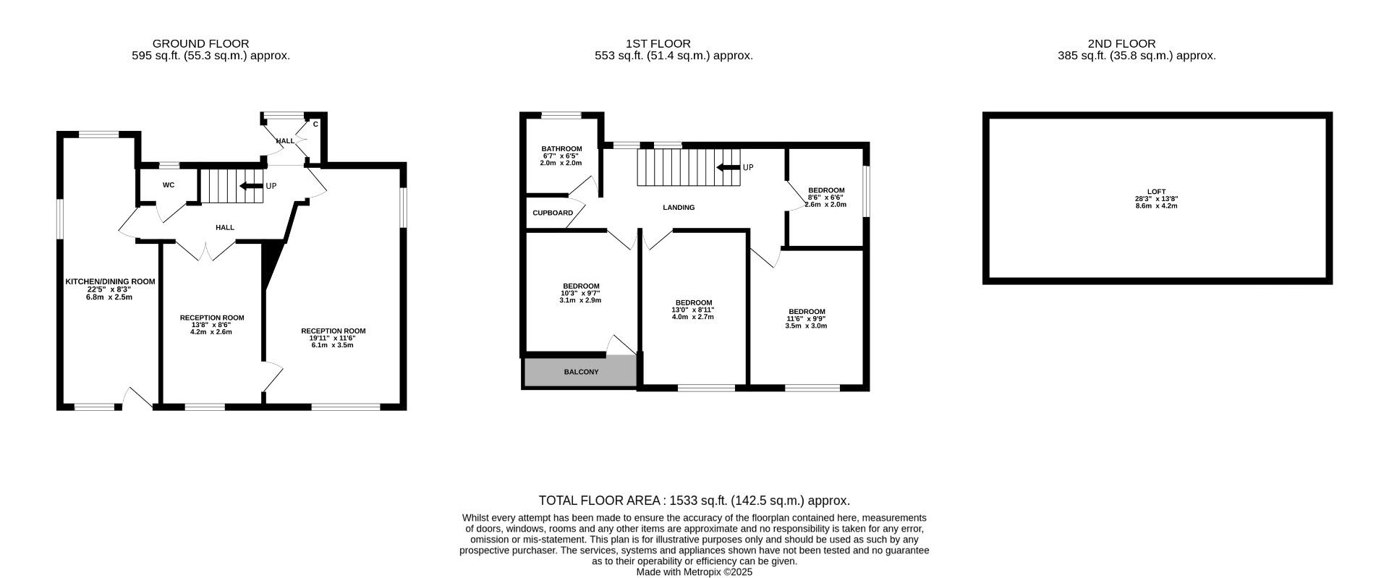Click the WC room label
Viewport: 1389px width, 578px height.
(x=168, y=185)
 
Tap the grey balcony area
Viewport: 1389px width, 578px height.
(x=580, y=372)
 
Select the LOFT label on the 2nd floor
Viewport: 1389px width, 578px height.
(x=1156, y=192)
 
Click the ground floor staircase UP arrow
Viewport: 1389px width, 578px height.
(x=252, y=186)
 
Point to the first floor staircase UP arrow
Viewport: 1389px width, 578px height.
(x=728, y=168)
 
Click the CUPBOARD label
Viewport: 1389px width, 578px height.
(x=553, y=213)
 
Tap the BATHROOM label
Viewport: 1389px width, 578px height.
(x=561, y=149)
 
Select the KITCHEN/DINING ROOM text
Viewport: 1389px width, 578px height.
(x=110, y=281)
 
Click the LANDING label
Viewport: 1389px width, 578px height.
(x=679, y=208)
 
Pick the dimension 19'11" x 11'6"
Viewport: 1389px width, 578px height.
(x=333, y=338)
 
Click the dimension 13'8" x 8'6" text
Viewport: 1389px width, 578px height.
(x=211, y=325)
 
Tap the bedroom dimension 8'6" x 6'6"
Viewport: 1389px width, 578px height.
(x=825, y=197)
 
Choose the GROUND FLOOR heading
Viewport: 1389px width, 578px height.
(x=200, y=43)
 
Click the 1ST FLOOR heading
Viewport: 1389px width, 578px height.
(x=658, y=43)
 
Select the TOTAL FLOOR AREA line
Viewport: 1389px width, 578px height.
(x=694, y=501)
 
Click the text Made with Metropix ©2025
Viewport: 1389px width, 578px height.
(x=694, y=571)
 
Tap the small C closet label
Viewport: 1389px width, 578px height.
(x=315, y=124)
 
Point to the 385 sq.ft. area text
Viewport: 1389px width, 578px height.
(x=1136, y=56)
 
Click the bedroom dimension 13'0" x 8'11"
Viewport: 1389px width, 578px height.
(x=693, y=310)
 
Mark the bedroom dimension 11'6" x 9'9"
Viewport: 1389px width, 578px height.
(x=806, y=318)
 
